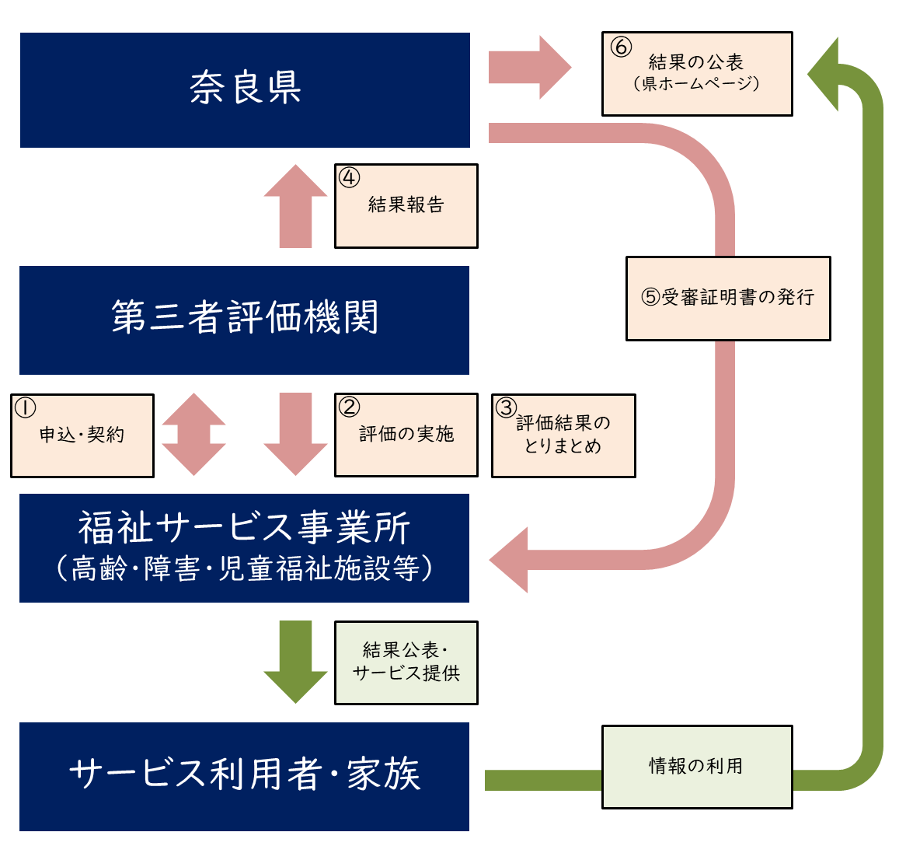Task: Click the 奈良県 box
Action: coord(245,89)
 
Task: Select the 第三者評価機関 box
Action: coord(244,320)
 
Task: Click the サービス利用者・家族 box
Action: coord(244,776)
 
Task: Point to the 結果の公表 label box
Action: coord(697,74)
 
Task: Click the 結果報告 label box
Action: coord(406,206)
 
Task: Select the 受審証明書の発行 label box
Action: coord(728,298)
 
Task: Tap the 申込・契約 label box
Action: coord(82,435)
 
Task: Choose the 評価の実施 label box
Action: coord(406,435)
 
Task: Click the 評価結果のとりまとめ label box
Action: coord(563,435)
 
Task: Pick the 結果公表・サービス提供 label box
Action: coord(406,662)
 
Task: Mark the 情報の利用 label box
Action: coord(697,767)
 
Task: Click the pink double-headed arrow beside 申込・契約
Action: coord(193,435)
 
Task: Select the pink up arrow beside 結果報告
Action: coord(295,207)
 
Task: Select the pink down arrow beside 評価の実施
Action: coord(295,435)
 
